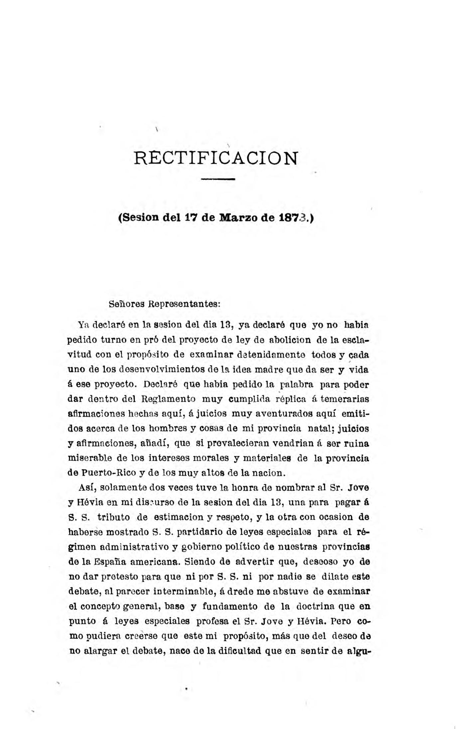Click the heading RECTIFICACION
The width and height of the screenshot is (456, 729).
(x=216, y=159)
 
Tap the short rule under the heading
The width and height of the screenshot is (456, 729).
(x=218, y=179)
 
